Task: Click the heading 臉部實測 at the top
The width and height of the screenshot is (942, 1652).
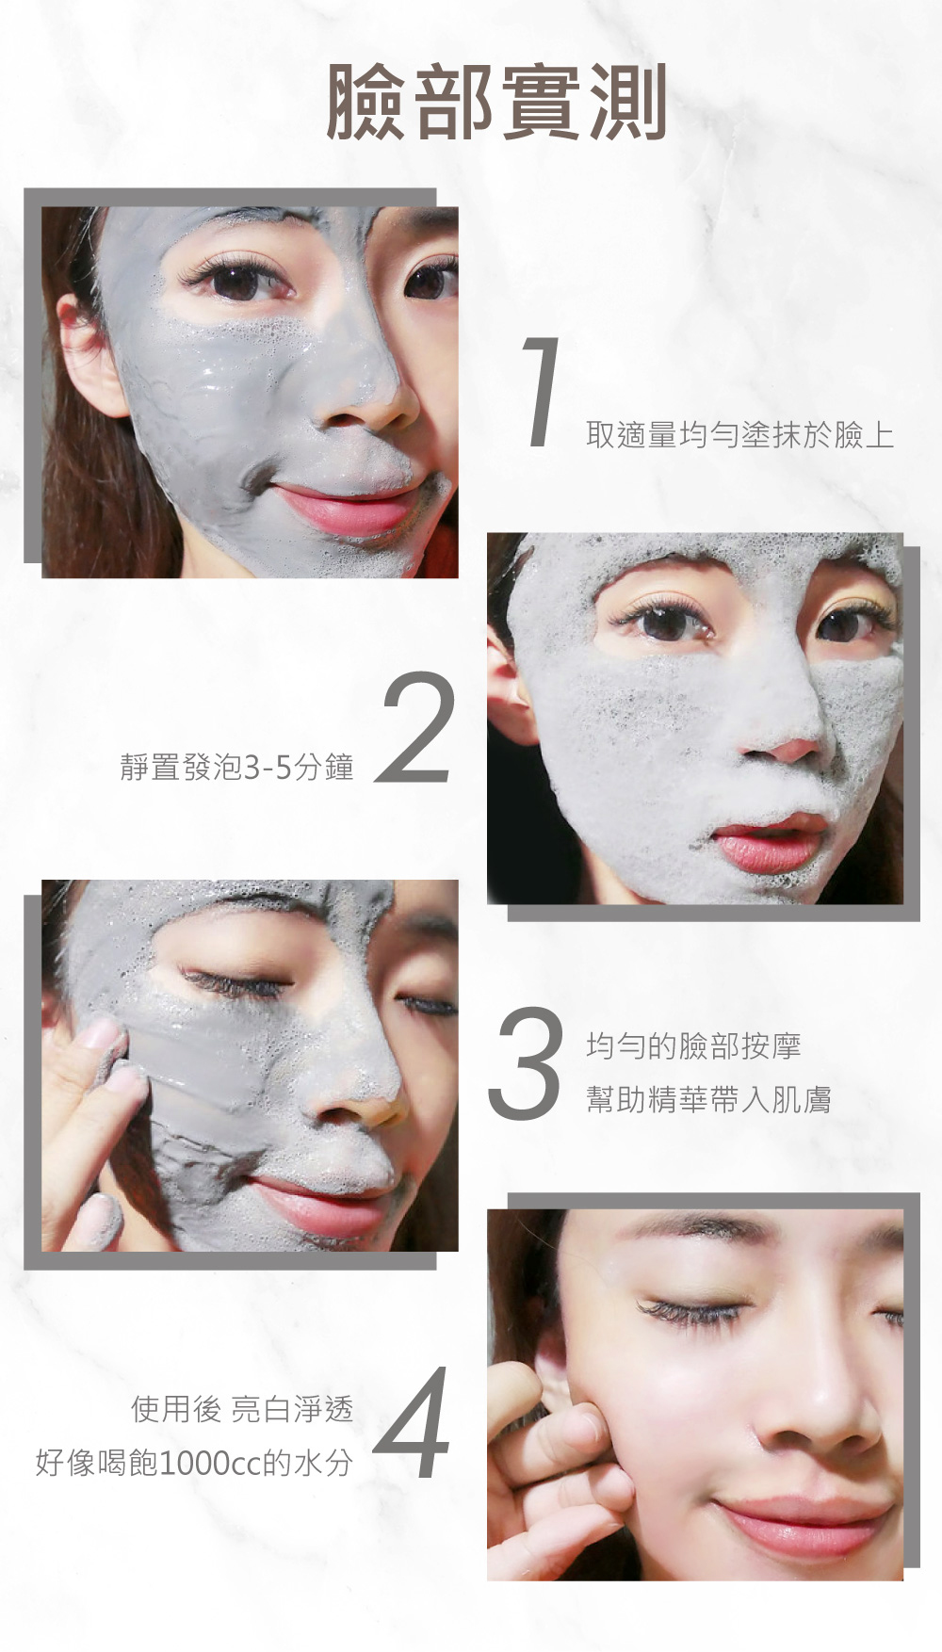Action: (x=496, y=103)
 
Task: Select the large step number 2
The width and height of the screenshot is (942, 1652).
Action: (x=416, y=727)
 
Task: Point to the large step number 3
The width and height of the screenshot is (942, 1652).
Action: (x=524, y=1063)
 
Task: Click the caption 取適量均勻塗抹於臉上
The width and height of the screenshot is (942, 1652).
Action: (x=739, y=435)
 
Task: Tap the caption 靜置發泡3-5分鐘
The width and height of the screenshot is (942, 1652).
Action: (x=236, y=767)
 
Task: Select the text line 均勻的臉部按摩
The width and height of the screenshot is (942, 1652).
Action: (x=693, y=1045)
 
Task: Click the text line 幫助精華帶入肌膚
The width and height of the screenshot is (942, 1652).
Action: (x=708, y=1099)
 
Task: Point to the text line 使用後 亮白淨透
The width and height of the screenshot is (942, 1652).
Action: (x=242, y=1409)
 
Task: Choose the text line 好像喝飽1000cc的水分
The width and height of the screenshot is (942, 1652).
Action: (x=194, y=1463)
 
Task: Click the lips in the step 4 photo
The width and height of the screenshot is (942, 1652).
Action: (x=801, y=1526)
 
